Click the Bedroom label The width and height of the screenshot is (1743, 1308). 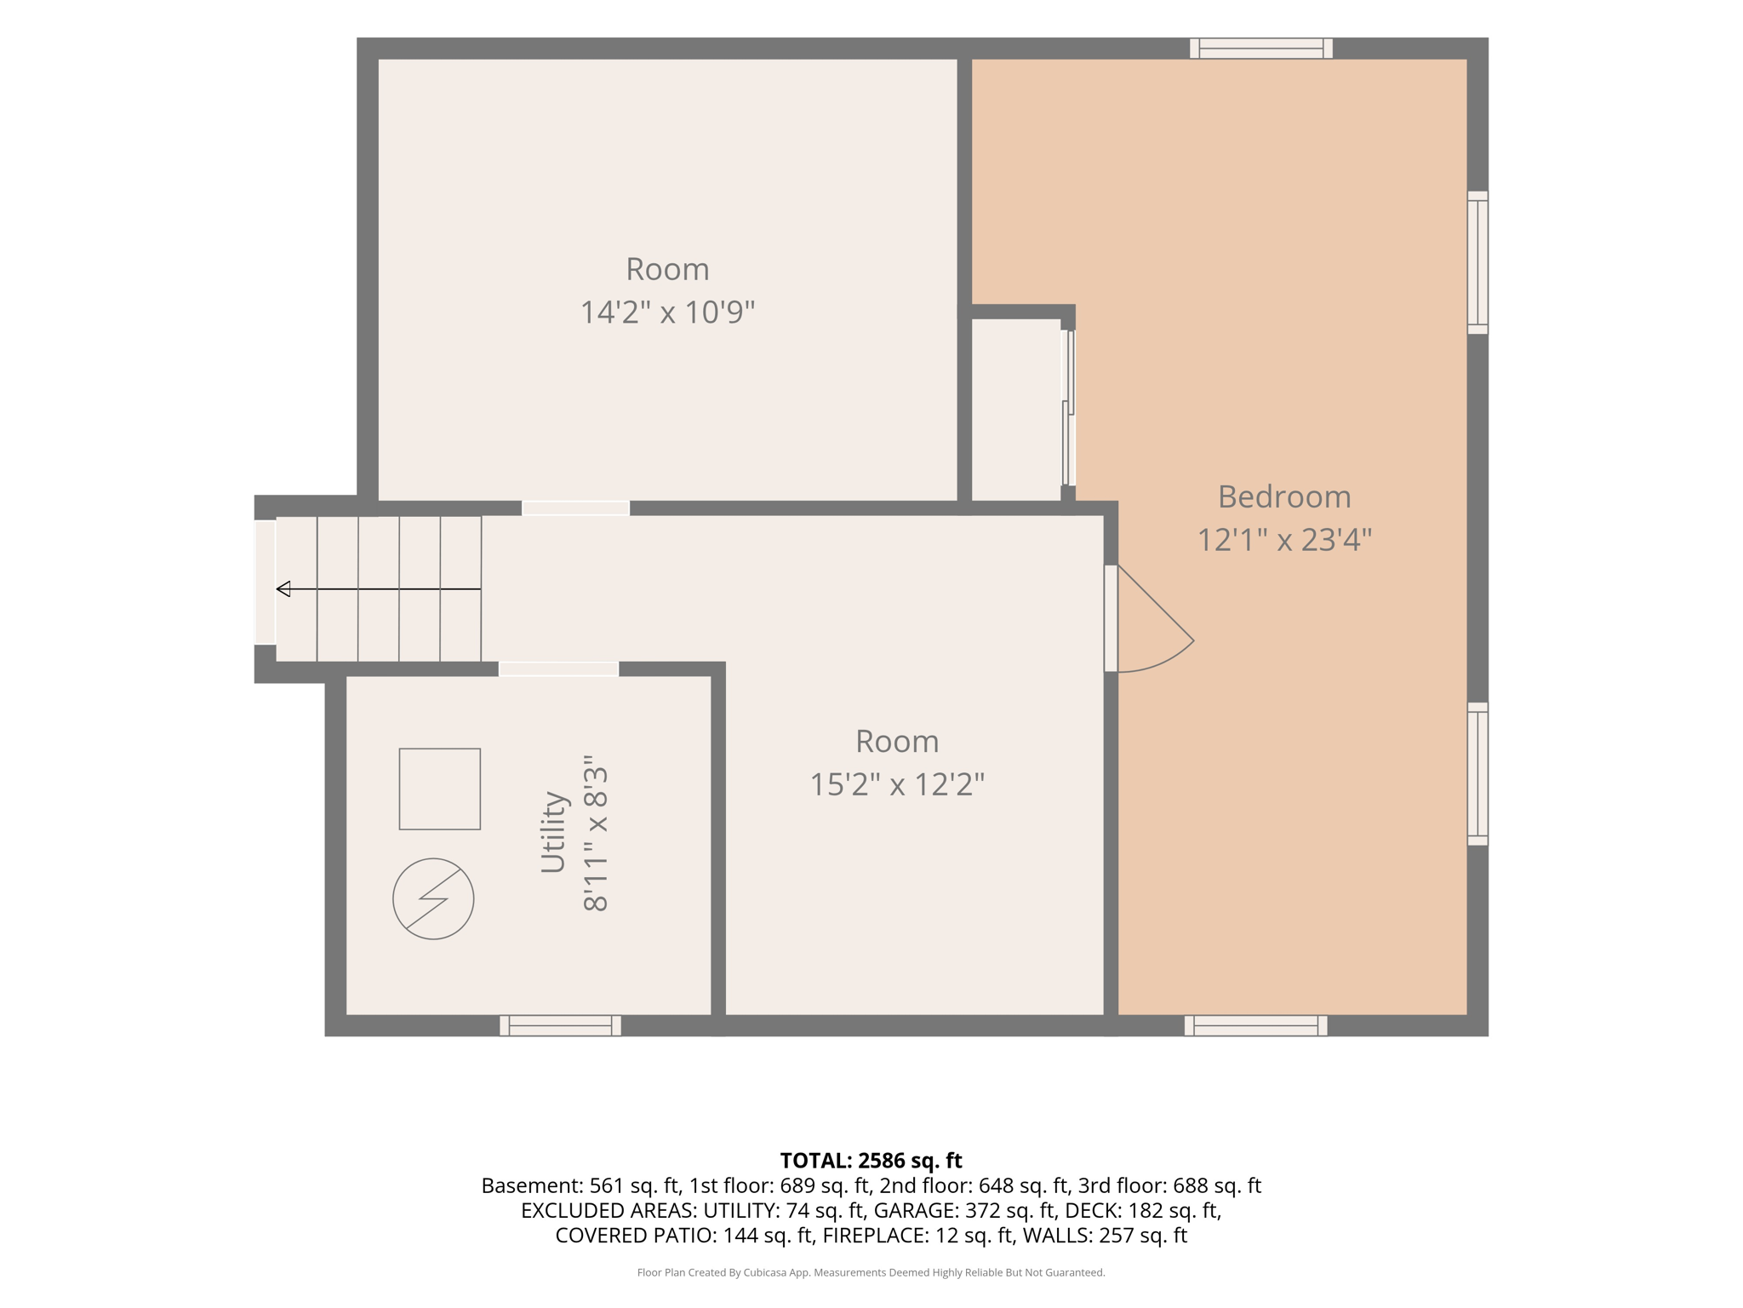[1284, 496]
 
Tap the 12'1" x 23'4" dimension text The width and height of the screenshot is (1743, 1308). [1284, 540]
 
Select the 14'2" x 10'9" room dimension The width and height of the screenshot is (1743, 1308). [667, 313]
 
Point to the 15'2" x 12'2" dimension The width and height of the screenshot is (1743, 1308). [897, 784]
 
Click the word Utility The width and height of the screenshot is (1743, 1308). [553, 832]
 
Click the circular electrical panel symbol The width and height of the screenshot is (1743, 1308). [433, 898]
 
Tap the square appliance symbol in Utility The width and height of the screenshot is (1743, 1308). [440, 789]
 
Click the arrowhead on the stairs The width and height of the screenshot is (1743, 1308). [283, 588]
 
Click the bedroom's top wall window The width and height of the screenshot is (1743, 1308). [1261, 49]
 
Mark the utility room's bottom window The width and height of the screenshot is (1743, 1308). [560, 1025]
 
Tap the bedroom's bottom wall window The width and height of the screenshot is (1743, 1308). [1256, 1025]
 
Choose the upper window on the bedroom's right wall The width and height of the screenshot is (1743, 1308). [1477, 262]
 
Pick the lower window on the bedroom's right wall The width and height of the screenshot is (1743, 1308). [1477, 774]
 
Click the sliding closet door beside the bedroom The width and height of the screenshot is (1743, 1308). [1069, 408]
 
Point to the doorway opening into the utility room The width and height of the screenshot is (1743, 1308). [558, 669]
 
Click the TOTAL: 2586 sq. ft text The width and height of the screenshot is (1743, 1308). [871, 1161]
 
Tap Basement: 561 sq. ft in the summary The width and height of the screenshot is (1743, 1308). [580, 1185]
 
